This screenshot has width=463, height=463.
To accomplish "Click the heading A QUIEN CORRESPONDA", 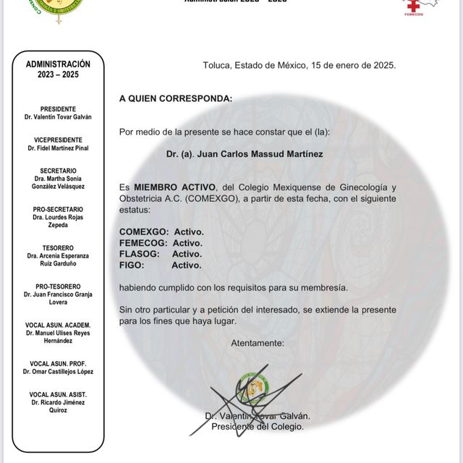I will click(x=176, y=98).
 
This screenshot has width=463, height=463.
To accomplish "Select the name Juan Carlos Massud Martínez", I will click(x=234, y=154).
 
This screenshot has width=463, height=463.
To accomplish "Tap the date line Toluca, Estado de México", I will click(x=300, y=65).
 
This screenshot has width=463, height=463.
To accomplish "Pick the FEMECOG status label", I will click(x=145, y=243).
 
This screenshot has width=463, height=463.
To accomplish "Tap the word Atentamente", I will click(x=258, y=343).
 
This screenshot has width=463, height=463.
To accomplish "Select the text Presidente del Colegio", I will click(x=257, y=427).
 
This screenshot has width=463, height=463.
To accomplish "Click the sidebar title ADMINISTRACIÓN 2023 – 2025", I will click(x=58, y=69).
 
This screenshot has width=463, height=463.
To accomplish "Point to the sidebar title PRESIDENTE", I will click(x=58, y=109).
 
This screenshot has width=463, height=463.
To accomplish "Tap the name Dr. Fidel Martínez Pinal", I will click(x=58, y=148).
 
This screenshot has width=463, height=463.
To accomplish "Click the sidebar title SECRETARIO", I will click(x=58, y=170).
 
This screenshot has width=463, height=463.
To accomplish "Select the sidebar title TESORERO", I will click(x=58, y=247).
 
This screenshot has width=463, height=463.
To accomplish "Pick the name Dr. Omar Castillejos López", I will click(x=58, y=372).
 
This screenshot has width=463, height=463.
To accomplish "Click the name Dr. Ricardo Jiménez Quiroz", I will click(x=58, y=406).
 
